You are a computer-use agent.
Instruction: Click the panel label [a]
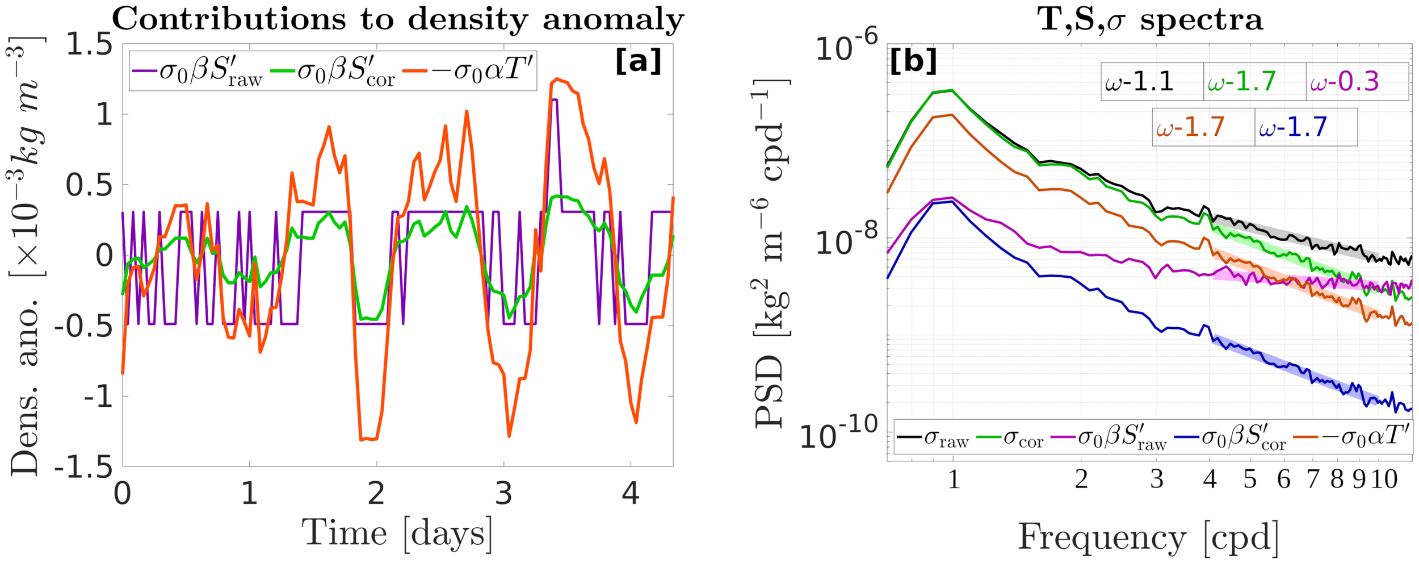(x=638, y=61)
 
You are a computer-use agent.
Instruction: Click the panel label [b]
(x=913, y=60)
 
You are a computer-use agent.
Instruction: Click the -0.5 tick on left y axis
(x=83, y=326)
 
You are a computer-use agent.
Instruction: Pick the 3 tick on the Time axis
(x=503, y=493)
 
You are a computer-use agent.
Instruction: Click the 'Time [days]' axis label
(x=397, y=534)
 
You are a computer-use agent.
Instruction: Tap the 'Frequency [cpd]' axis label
(x=1149, y=537)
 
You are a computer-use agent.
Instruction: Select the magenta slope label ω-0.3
(x=1344, y=82)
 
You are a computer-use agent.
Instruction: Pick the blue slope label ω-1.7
(x=1292, y=127)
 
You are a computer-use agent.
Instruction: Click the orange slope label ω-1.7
(x=1190, y=127)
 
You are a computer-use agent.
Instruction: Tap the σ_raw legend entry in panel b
(x=934, y=438)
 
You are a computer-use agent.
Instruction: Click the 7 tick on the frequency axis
(x=1313, y=480)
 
